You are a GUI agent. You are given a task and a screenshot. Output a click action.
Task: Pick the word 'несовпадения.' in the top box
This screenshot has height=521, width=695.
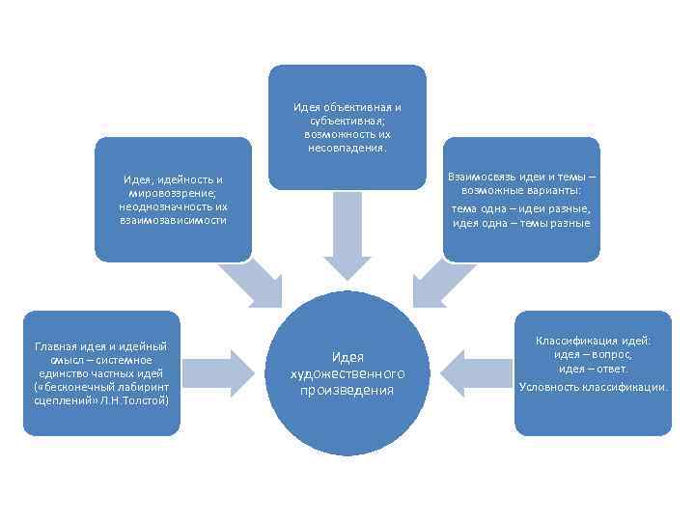tap(347, 149)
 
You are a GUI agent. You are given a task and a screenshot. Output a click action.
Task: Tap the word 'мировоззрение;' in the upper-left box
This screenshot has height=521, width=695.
tap(173, 192)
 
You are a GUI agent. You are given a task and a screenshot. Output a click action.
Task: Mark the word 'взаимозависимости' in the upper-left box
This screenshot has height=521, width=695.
tap(173, 219)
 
